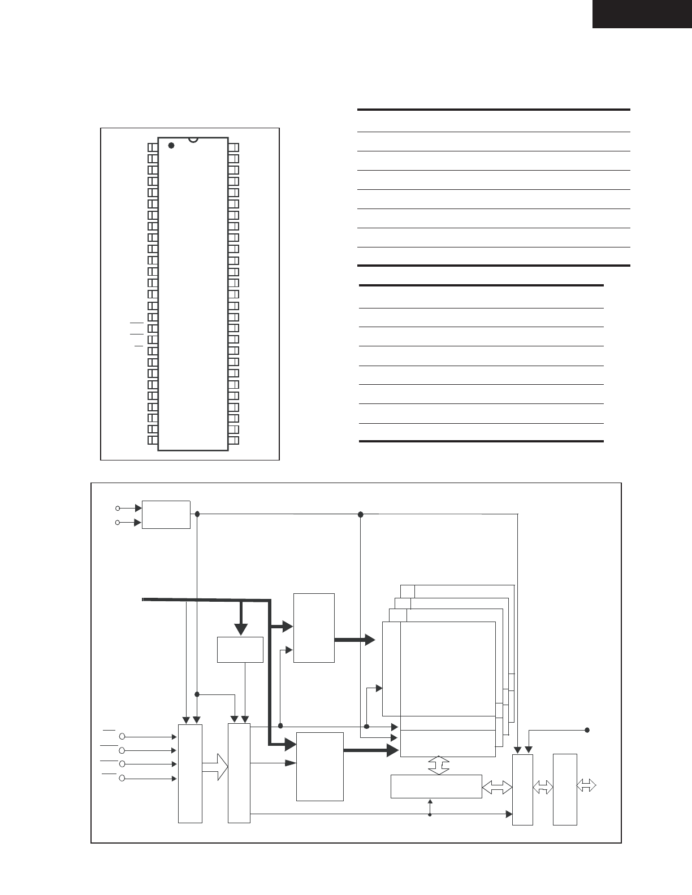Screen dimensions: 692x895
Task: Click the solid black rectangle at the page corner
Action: [x=642, y=14]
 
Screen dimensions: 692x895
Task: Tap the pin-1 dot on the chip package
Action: [x=171, y=145]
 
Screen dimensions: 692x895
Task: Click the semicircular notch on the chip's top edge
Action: [x=193, y=139]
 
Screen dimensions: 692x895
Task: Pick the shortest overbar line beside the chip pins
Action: [x=139, y=345]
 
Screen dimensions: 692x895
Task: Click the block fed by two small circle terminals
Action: [x=166, y=514]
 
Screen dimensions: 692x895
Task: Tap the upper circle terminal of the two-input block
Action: [x=118, y=508]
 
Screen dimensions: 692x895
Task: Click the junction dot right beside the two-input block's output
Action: [x=197, y=514]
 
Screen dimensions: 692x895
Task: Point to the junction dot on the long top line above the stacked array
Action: [x=361, y=514]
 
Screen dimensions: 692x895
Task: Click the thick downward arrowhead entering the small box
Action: [x=241, y=628]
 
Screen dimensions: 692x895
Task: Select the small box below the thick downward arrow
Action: [x=240, y=649]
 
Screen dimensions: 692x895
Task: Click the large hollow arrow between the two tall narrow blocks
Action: [x=215, y=768]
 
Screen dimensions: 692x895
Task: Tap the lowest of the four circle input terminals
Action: [x=122, y=779]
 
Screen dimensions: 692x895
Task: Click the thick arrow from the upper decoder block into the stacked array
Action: [x=355, y=640]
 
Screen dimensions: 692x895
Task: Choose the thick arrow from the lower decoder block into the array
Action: [x=371, y=750]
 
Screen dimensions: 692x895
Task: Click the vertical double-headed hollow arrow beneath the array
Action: [x=438, y=766]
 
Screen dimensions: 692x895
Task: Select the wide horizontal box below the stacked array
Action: [x=436, y=786]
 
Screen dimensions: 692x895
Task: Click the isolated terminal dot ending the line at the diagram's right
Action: [x=587, y=729]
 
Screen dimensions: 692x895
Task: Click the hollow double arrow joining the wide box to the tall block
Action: [x=497, y=788]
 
